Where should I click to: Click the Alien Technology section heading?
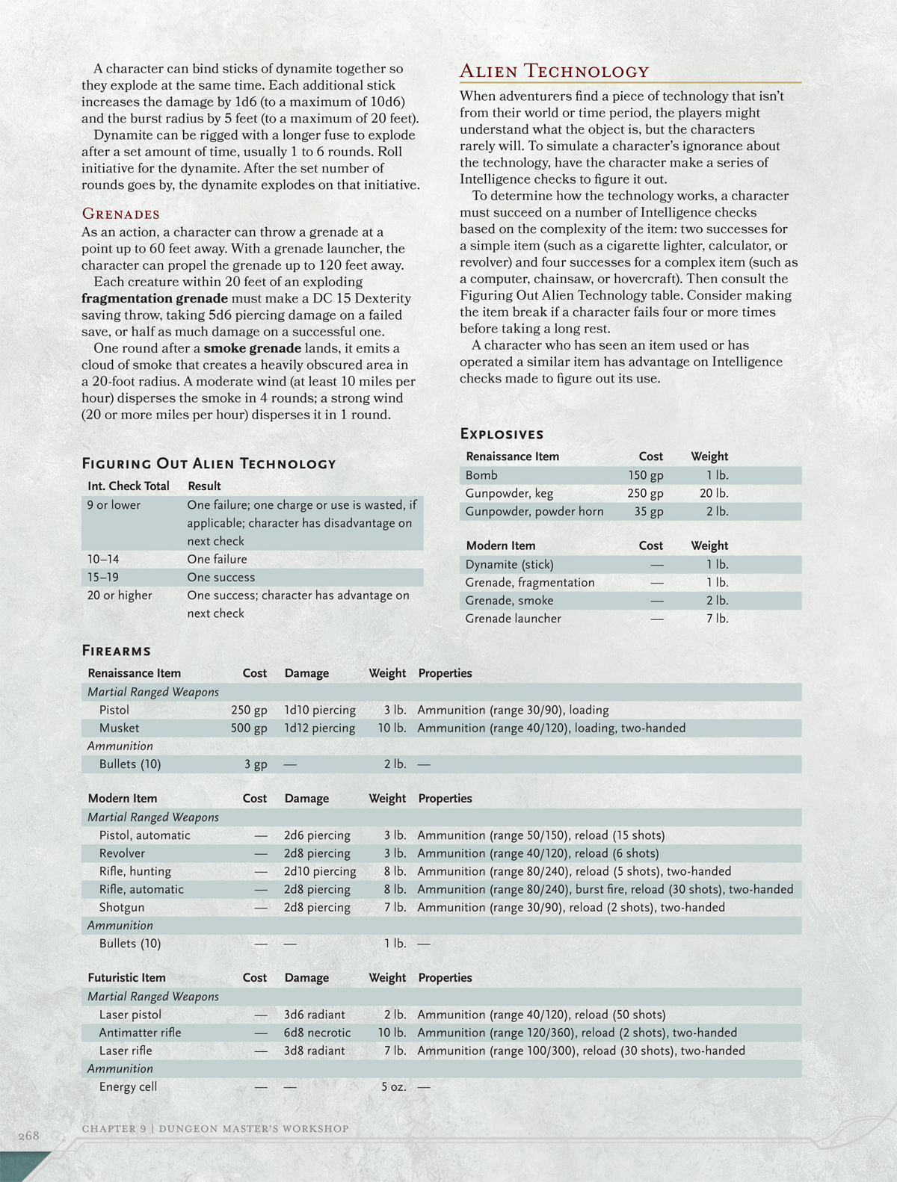(x=554, y=72)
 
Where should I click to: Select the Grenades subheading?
(x=120, y=214)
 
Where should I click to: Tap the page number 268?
(x=28, y=1136)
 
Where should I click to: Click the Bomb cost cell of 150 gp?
(x=645, y=475)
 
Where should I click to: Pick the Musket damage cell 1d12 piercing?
(x=319, y=728)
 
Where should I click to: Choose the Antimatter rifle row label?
(x=140, y=1033)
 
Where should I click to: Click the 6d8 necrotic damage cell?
(x=317, y=1033)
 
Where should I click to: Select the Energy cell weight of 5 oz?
(x=393, y=1086)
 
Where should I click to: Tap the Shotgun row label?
(x=122, y=907)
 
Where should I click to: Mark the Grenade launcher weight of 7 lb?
(x=717, y=619)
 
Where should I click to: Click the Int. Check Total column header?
(x=129, y=486)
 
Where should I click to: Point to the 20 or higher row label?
(x=120, y=595)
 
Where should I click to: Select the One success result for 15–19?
(x=221, y=578)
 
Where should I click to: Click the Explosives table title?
(x=502, y=434)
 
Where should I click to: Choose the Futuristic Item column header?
(x=126, y=977)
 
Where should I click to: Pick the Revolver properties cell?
(x=537, y=853)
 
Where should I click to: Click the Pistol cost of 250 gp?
(x=249, y=710)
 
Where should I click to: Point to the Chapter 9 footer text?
(x=215, y=1128)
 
